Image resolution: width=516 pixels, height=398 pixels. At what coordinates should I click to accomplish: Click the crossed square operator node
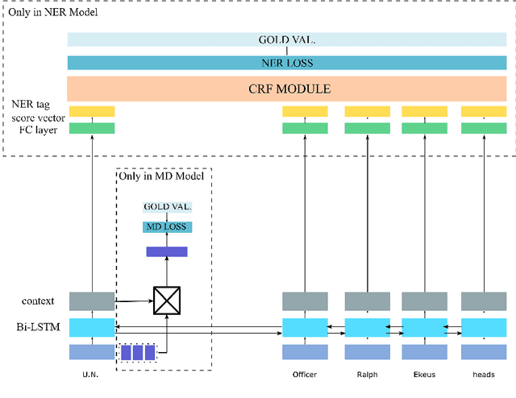click(x=167, y=301)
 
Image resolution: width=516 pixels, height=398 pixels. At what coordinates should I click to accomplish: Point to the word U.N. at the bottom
click(x=91, y=375)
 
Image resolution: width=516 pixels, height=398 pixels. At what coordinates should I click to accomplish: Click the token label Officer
click(x=305, y=375)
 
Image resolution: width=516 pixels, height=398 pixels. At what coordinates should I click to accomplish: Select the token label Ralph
click(x=368, y=375)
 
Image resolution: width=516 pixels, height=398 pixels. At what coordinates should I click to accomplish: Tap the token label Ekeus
click(x=424, y=375)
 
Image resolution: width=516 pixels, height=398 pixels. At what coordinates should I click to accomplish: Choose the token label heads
click(x=483, y=375)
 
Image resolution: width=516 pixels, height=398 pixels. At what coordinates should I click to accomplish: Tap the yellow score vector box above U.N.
click(x=92, y=112)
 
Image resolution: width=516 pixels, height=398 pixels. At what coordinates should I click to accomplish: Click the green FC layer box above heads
click(x=483, y=128)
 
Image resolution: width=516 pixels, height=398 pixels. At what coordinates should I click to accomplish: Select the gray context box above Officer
click(x=305, y=301)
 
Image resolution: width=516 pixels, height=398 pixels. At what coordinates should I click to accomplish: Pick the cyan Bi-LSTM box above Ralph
click(x=368, y=327)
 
